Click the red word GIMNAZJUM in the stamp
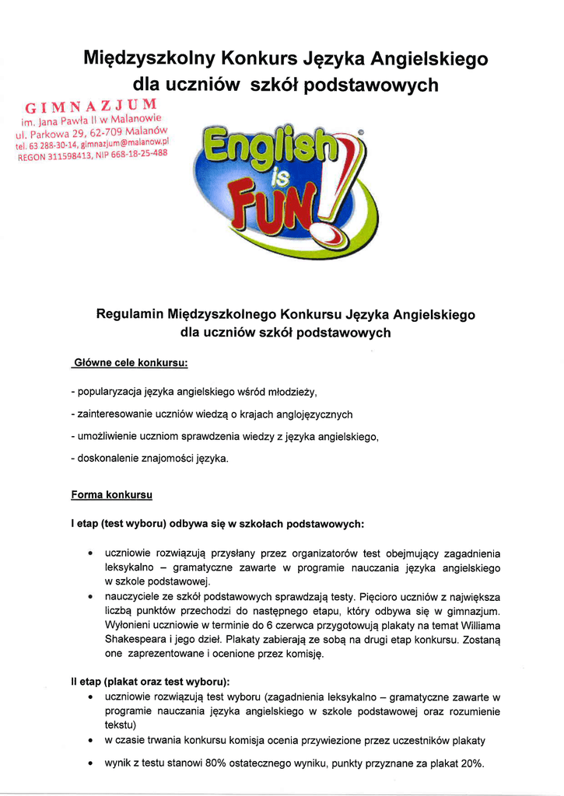(92, 106)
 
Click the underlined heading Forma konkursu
(111, 494)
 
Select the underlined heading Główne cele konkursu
(130, 363)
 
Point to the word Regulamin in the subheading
(129, 315)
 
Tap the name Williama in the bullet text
(477, 625)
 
